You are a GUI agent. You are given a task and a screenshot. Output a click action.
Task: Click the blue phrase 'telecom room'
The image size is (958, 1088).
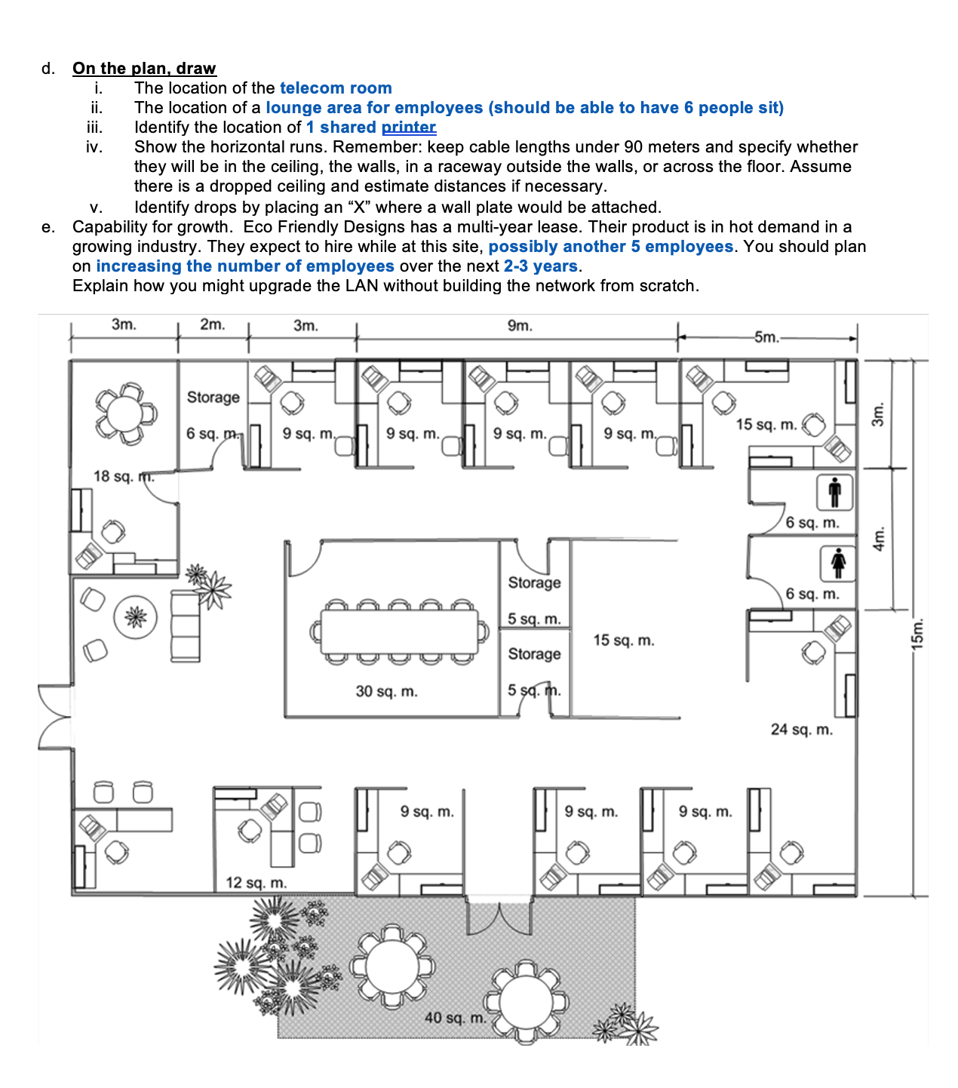pos(336,88)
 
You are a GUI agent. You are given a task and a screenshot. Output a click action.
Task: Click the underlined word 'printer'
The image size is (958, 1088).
pos(409,128)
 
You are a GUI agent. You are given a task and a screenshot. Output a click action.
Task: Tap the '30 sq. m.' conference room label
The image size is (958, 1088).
pos(386,691)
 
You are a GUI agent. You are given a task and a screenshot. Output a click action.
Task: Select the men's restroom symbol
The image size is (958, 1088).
pos(834,493)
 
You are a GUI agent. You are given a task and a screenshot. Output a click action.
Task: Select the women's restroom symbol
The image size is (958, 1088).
pos(837,564)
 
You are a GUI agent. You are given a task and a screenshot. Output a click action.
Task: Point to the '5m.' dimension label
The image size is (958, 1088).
pos(766,337)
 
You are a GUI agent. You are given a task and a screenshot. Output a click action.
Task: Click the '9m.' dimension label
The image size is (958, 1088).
pos(519,326)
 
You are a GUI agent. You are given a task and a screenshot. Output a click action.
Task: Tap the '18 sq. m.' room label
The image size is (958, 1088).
pos(123,476)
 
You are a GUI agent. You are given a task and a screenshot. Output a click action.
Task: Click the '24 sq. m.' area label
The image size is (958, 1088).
pos(801,729)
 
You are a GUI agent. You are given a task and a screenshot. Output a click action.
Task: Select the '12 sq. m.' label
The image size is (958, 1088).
pos(256,882)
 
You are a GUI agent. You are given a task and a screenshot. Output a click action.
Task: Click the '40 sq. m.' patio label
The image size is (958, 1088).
pos(455,1017)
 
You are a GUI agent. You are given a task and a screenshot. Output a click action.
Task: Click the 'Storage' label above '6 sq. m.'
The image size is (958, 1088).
pos(213,397)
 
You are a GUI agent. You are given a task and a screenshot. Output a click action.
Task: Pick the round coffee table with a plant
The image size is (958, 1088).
pos(136,617)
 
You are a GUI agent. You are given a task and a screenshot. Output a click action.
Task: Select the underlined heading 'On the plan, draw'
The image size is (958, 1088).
pos(144,69)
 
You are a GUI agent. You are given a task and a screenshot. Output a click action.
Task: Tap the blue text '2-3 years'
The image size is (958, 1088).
pos(540,266)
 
